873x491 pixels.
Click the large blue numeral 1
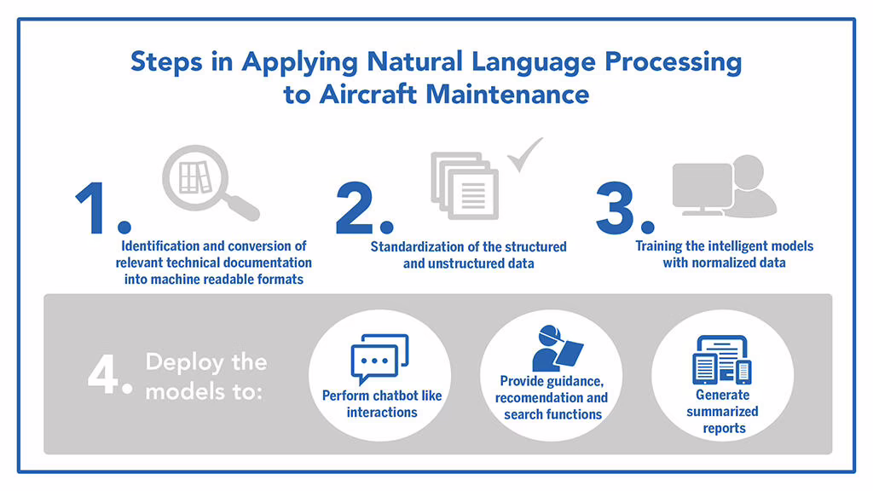(90, 208)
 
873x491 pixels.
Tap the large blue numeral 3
(616, 208)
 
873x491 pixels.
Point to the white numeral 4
(102, 375)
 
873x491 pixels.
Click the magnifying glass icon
(211, 182)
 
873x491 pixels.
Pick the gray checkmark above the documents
(524, 154)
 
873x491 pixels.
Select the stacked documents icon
(465, 185)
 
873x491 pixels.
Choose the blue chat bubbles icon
(379, 359)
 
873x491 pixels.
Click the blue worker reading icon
(557, 349)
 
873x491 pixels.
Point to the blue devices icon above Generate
(722, 360)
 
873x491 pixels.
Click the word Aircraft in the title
(368, 94)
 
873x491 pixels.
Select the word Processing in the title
(674, 61)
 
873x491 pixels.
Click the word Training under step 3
(658, 246)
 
